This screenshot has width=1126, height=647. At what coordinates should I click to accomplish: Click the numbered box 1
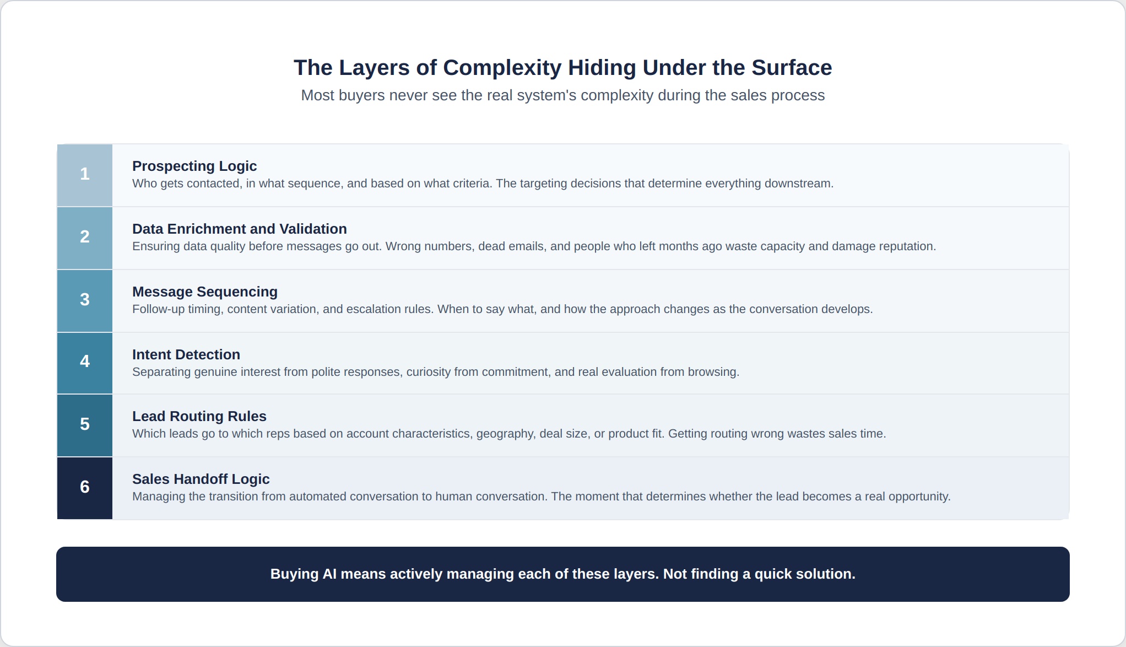(x=85, y=175)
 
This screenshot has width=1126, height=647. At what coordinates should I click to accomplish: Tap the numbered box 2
(x=85, y=238)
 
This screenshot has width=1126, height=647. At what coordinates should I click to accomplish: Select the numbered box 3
(x=85, y=301)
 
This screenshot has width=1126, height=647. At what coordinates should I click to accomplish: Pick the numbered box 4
(x=85, y=363)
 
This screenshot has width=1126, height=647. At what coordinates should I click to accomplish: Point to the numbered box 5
(x=85, y=425)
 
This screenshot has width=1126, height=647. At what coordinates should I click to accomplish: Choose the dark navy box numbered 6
(x=85, y=488)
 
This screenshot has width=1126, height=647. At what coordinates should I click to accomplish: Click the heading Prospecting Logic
(x=194, y=166)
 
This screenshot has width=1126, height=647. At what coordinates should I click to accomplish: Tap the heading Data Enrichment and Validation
(x=240, y=229)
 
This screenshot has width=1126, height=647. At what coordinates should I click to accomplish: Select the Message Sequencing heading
(x=205, y=292)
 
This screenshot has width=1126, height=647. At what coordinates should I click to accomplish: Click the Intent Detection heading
(x=186, y=354)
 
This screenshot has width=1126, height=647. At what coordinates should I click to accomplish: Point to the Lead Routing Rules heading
(x=199, y=417)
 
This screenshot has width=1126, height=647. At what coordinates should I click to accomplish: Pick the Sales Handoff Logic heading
(x=201, y=479)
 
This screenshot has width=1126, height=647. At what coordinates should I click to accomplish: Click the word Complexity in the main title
(x=502, y=68)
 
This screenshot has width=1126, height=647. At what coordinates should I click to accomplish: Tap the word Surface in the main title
(x=792, y=67)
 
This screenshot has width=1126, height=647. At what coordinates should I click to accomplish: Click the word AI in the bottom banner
(x=329, y=574)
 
